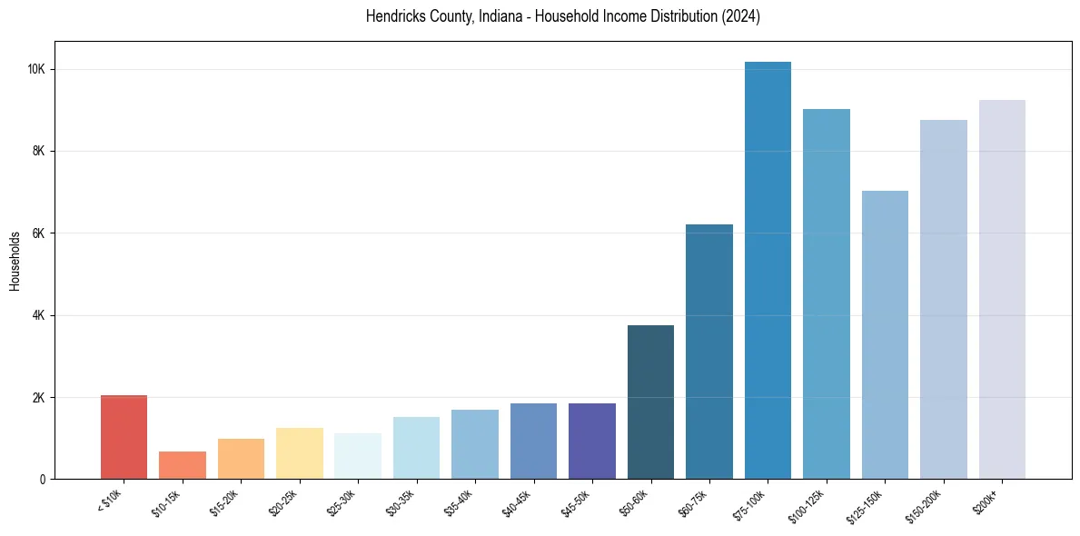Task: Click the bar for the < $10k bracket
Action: point(124,437)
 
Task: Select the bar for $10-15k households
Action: point(183,465)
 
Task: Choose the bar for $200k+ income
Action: point(1002,290)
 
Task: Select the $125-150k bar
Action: point(885,335)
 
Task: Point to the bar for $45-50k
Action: point(592,442)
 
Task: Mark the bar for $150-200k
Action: point(944,300)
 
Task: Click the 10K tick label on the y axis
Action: point(35,70)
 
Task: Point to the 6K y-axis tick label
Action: point(38,233)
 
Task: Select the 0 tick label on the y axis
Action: point(42,480)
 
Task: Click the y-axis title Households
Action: point(15,261)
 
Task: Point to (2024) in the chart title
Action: point(741,16)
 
